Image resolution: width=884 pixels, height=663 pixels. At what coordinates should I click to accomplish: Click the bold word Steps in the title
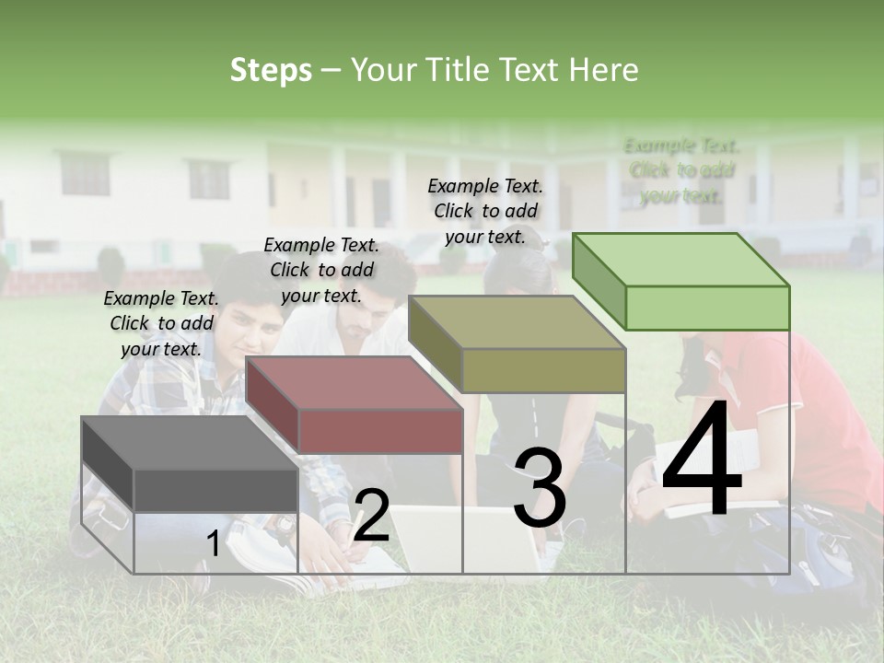tap(271, 70)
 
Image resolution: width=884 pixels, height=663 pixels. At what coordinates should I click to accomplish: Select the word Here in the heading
tap(603, 70)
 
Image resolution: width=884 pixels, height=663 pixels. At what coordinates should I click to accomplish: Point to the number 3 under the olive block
tap(540, 489)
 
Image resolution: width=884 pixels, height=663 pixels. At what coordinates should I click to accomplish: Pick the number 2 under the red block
tap(371, 517)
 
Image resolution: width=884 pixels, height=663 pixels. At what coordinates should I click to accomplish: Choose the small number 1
tap(213, 545)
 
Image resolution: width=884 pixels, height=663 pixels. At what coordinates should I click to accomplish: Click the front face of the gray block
tap(215, 490)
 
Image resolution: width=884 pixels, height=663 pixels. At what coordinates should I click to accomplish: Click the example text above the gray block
tap(161, 323)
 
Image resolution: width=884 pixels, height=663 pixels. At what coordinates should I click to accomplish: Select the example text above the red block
tap(321, 270)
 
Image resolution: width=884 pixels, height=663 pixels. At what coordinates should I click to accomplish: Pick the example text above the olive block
tap(485, 211)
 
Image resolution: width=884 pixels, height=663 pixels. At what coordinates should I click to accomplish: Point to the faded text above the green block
tap(681, 170)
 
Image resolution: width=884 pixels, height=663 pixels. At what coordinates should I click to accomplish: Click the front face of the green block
tap(707, 308)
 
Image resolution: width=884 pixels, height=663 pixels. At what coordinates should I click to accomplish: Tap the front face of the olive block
tap(543, 370)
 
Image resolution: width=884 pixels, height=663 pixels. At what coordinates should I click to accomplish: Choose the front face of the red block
tap(379, 431)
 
